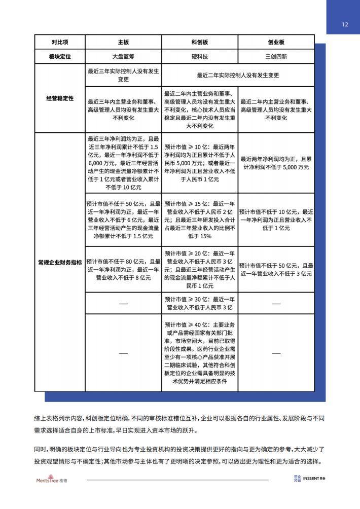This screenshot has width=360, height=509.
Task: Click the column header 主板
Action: tap(123, 42)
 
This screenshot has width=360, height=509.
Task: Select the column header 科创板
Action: tap(199, 42)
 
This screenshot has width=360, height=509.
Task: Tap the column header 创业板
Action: tap(276, 42)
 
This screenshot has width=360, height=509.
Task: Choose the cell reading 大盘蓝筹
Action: tap(123, 57)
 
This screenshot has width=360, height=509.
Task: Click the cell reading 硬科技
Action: tap(199, 57)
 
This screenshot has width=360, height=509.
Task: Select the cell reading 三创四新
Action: tap(276, 57)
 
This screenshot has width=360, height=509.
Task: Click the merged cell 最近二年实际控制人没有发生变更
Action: tap(238, 75)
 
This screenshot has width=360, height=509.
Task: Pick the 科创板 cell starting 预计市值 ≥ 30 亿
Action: tap(199, 303)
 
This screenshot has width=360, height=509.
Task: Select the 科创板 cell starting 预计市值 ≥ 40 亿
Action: tap(199, 352)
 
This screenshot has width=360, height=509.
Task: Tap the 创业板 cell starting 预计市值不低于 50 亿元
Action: tap(276, 270)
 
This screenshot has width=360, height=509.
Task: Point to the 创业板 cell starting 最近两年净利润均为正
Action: tap(276, 163)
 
